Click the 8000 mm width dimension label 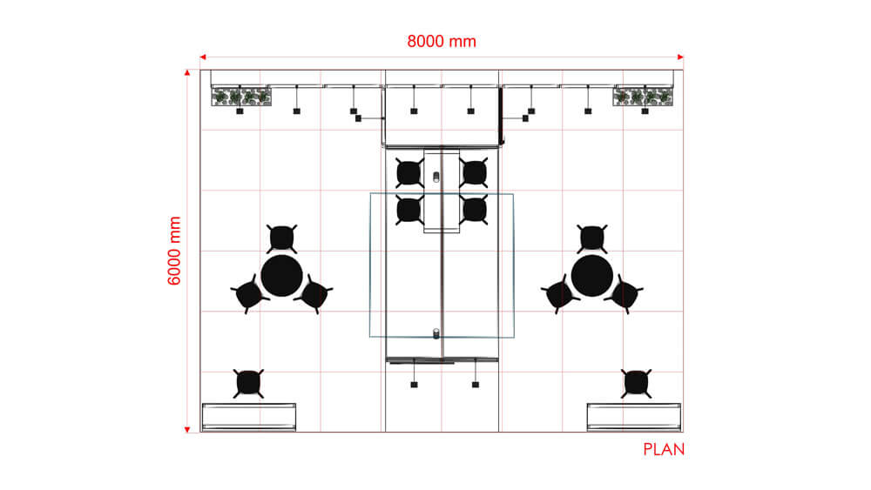pyautogui.click(x=442, y=41)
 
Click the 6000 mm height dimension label pyautogui.click(x=174, y=252)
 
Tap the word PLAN pyautogui.click(x=664, y=450)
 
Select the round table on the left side pyautogui.click(x=281, y=275)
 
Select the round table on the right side pyautogui.click(x=592, y=275)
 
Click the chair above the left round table pyautogui.click(x=281, y=238)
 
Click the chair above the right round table pyautogui.click(x=592, y=237)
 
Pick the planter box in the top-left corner pyautogui.click(x=241, y=97)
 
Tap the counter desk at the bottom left pyautogui.click(x=249, y=416)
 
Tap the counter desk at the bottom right pyautogui.click(x=633, y=416)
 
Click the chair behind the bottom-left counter pyautogui.click(x=249, y=382)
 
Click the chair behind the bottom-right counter pyautogui.click(x=636, y=382)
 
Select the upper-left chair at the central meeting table pyautogui.click(x=408, y=172)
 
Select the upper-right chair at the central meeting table pyautogui.click(x=474, y=172)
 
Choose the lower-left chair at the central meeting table pyautogui.click(x=408, y=210)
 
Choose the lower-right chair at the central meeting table pyautogui.click(x=474, y=210)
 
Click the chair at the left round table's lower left pyautogui.click(x=248, y=295)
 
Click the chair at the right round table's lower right pyautogui.click(x=624, y=294)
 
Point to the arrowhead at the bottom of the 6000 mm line pyautogui.click(x=186, y=428)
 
